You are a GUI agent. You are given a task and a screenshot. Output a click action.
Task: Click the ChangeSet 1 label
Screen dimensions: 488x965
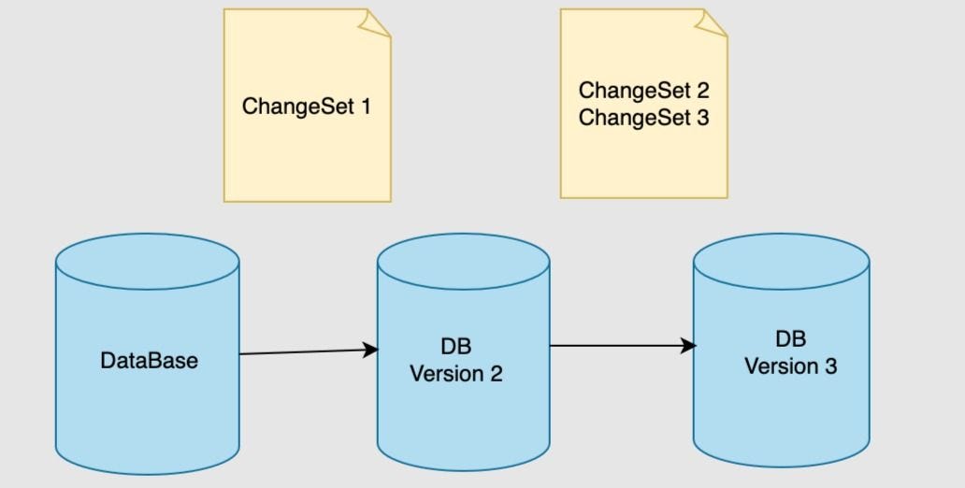pyautogui.click(x=307, y=106)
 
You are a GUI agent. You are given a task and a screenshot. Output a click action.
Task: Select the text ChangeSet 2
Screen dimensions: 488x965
pyautogui.click(x=643, y=91)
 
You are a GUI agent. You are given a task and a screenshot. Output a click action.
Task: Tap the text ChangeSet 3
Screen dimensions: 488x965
pyautogui.click(x=643, y=118)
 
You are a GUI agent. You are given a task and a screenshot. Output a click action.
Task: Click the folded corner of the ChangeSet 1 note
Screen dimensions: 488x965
pyautogui.click(x=378, y=22)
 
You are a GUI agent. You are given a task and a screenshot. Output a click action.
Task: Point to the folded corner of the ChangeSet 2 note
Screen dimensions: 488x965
pyautogui.click(x=714, y=22)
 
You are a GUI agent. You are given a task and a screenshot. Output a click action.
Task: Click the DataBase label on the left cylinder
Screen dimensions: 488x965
pyautogui.click(x=149, y=360)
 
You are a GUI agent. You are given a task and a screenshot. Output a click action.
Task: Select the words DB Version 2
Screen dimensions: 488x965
pyautogui.click(x=456, y=361)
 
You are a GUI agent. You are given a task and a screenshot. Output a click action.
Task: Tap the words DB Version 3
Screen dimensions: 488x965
pyautogui.click(x=790, y=352)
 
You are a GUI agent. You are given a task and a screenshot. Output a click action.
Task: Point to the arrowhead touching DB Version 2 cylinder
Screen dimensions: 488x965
pyautogui.click(x=371, y=350)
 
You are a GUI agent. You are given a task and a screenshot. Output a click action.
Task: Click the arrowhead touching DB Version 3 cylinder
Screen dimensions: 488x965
pyautogui.click(x=689, y=346)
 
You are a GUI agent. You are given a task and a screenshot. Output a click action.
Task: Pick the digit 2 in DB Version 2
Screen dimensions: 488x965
pyautogui.click(x=495, y=374)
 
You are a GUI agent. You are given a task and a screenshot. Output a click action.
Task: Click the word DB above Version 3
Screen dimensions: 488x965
pyautogui.click(x=790, y=338)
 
